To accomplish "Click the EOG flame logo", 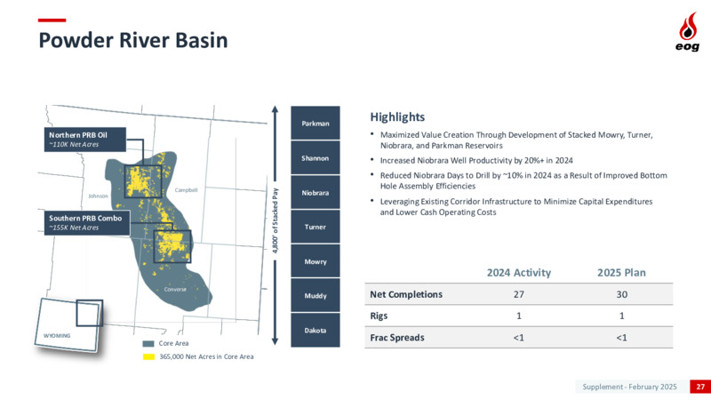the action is pos(688,31).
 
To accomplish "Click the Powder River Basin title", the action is pos(132,40).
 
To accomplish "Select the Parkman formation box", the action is pos(316,123).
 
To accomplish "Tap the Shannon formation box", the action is pos(316,158).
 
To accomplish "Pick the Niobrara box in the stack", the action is pos(316,192).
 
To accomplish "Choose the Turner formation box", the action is pos(316,227).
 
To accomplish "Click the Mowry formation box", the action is pos(316,261).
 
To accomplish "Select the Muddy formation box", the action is pos(316,296).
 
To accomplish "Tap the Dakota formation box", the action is pos(316,330).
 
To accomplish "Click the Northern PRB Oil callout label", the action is pos(84,140).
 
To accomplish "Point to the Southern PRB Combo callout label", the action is pos(86,223).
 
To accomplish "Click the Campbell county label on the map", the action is pos(186,190).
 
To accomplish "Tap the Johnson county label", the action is pos(98,196).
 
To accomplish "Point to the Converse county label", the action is pos(175,289).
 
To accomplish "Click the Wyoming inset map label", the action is pos(57,336).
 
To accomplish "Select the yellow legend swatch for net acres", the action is pos(148,357).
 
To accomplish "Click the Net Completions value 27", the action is pos(519,294).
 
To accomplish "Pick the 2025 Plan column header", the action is pos(621,273).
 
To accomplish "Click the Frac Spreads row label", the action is pos(397,338).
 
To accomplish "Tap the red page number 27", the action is pos(700,387).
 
